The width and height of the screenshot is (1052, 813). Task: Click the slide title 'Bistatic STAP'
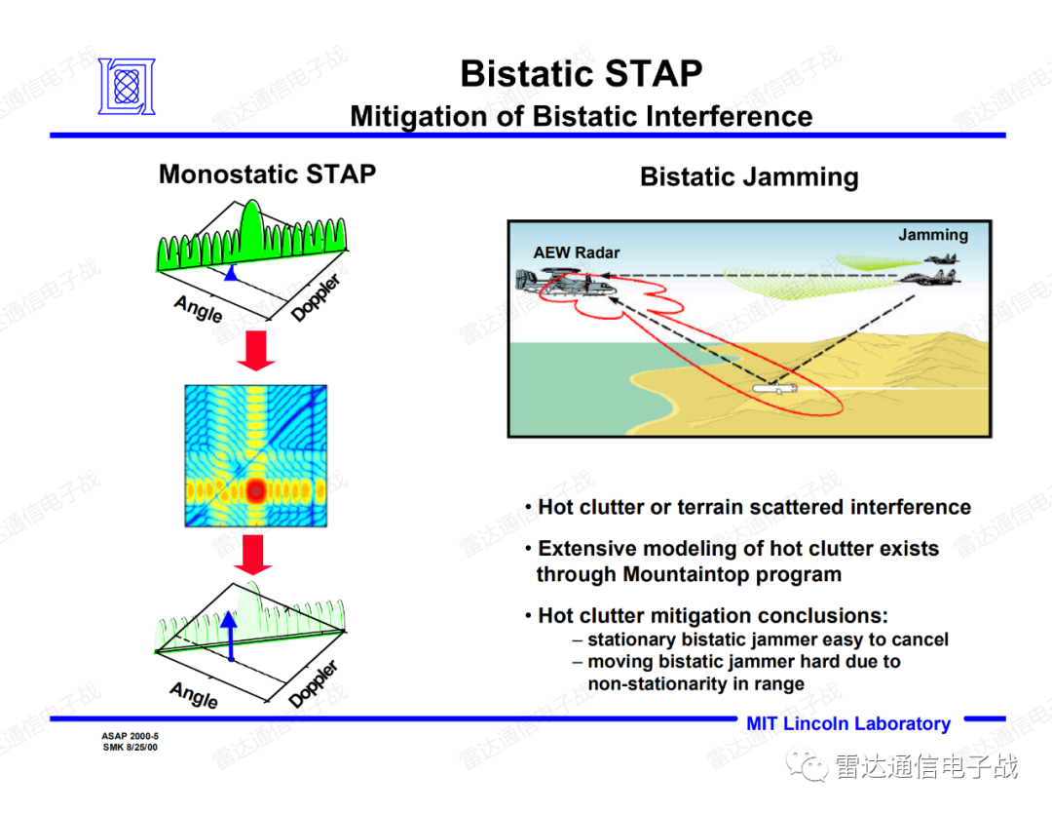581,73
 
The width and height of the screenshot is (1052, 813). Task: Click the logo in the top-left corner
127,86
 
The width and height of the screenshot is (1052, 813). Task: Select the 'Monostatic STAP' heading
267,174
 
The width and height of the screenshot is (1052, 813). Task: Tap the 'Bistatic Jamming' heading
749,176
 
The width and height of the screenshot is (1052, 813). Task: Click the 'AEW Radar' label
577,252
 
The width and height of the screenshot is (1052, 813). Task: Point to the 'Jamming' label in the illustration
933,235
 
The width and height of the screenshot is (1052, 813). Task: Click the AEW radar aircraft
566,282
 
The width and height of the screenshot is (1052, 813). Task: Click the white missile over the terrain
774,388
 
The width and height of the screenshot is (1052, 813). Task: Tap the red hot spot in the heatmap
255,490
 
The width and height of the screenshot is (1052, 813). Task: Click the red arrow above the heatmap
255,350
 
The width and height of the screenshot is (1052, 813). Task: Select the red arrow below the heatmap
253,555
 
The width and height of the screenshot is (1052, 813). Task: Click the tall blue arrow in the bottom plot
230,637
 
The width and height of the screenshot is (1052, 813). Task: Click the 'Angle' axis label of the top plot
198,309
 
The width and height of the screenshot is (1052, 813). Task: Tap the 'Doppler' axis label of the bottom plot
314,683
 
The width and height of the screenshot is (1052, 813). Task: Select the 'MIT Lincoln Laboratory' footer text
848,723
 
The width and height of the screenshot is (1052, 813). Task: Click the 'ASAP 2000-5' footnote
131,736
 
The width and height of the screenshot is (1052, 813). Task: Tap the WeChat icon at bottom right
808,766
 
